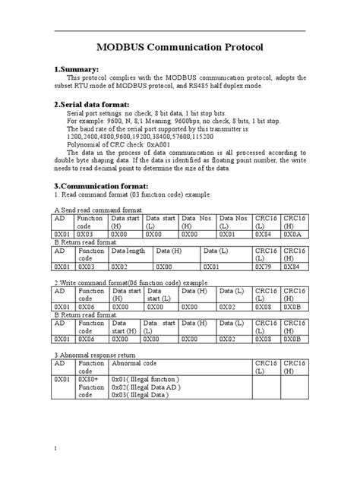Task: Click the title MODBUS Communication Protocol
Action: click(179, 47)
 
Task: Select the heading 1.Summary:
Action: click(88, 69)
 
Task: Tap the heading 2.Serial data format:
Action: click(103, 104)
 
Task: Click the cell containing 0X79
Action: click(265, 267)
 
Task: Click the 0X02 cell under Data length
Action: click(120, 267)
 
